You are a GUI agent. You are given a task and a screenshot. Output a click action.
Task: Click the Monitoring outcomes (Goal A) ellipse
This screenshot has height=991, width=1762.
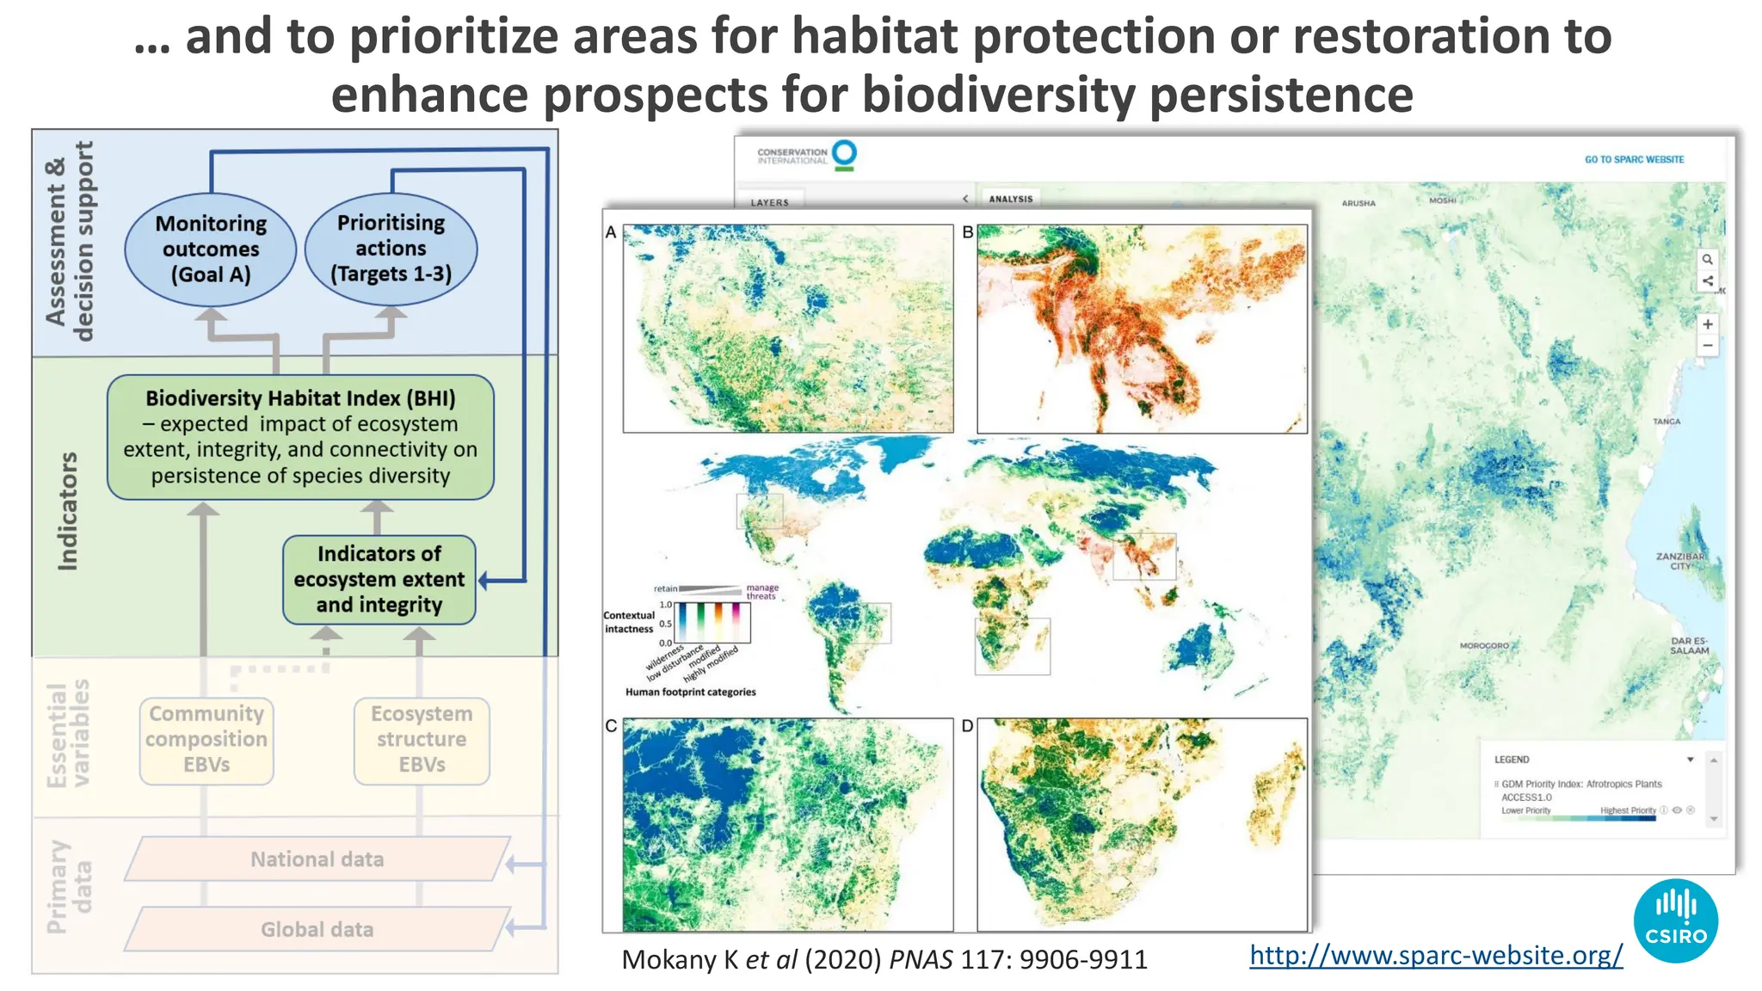tap(211, 249)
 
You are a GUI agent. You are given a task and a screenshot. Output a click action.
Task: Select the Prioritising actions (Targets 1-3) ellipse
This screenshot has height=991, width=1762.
tap(391, 249)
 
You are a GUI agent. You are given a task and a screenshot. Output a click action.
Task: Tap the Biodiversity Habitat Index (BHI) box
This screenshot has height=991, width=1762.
tap(300, 437)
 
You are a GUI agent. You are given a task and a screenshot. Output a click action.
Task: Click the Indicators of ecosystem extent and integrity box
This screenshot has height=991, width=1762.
tap(379, 580)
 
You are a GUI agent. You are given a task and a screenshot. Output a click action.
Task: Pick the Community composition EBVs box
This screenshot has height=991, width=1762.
tap(206, 741)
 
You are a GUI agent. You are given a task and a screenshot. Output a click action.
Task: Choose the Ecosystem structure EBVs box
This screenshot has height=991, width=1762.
tap(422, 741)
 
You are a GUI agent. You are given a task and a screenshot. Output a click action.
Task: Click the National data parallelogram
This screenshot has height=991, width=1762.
tap(317, 859)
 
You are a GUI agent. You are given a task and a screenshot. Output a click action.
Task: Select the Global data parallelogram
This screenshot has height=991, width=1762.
tap(317, 930)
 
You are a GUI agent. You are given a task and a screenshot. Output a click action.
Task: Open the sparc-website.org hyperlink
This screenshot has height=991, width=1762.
tap(1436, 955)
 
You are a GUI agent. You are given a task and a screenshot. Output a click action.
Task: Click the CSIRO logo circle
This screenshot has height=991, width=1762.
tap(1675, 920)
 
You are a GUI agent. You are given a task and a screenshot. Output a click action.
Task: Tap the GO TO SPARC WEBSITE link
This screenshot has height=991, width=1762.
tap(1634, 159)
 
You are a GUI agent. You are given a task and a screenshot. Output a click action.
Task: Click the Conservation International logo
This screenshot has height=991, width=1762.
tap(807, 156)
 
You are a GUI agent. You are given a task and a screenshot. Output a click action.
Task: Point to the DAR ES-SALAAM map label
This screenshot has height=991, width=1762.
tap(1690, 646)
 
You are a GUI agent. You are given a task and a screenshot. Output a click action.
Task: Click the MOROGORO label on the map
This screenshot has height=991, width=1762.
tap(1484, 645)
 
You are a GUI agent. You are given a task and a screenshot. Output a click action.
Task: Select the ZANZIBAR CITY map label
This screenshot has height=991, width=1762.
tap(1680, 561)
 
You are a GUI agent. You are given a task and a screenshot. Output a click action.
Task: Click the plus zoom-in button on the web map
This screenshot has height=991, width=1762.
tap(1708, 324)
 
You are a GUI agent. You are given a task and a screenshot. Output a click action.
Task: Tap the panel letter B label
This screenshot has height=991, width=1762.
tap(968, 232)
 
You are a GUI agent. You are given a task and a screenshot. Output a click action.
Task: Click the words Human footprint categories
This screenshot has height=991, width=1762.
tap(691, 692)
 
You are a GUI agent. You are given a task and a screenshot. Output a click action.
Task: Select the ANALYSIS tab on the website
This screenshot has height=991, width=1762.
tap(1011, 199)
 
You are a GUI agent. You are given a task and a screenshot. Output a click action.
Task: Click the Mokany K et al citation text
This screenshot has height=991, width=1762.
tap(884, 960)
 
